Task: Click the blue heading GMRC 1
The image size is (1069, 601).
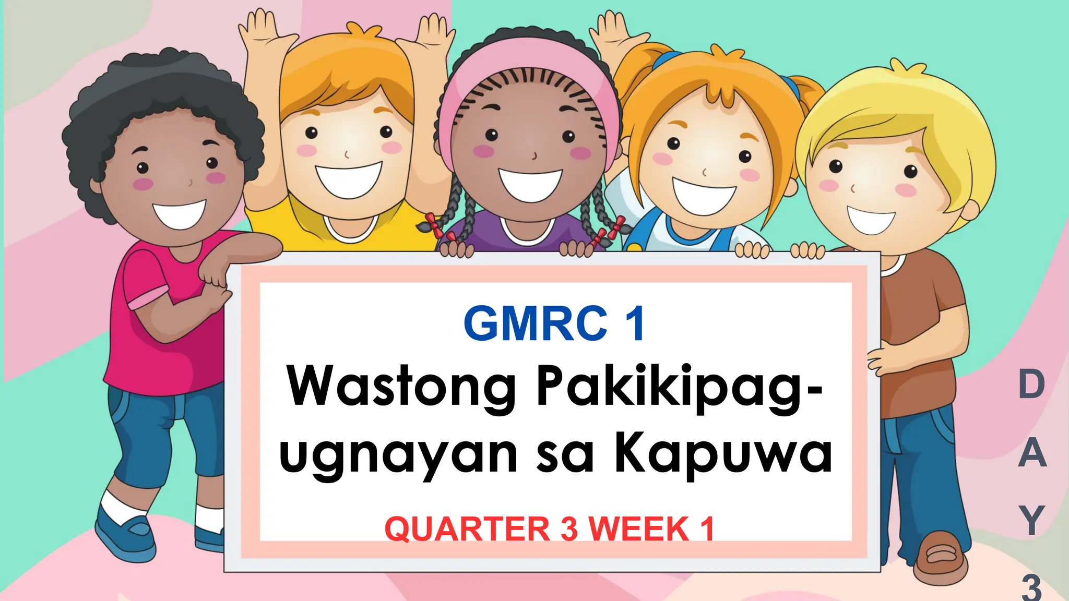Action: tap(554, 324)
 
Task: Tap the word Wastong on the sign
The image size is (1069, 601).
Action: tap(402, 387)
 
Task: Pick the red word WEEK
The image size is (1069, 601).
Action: tap(640, 529)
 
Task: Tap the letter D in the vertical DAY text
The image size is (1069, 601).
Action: tap(1031, 384)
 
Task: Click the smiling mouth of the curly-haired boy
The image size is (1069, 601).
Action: tap(179, 214)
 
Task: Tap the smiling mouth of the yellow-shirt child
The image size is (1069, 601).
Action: tap(348, 179)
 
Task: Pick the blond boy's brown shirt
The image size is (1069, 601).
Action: tap(924, 334)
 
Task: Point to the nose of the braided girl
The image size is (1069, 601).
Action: tap(533, 155)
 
